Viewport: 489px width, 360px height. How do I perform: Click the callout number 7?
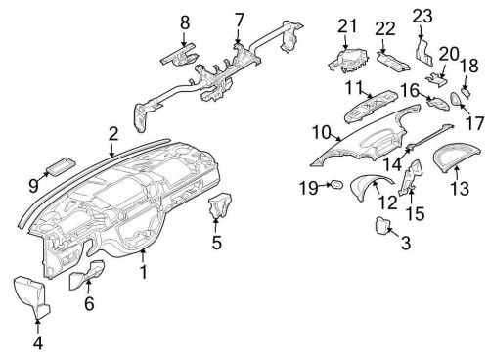point(240,20)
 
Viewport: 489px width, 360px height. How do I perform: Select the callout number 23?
point(422,16)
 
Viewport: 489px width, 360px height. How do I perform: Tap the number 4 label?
point(38,342)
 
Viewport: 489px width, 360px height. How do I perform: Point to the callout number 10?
point(322,133)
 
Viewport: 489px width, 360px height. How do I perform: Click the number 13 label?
point(460,188)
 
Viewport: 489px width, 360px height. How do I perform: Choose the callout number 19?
point(308,188)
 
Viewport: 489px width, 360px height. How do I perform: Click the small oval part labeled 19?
point(336,184)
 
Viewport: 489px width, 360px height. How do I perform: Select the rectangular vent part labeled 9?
point(61,166)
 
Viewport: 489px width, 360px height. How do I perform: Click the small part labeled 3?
point(382,225)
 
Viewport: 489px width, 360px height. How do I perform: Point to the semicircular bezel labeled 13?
point(457,157)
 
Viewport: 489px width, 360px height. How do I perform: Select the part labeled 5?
point(220,205)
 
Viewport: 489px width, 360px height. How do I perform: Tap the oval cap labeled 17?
point(456,99)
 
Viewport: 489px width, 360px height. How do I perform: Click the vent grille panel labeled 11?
point(371,107)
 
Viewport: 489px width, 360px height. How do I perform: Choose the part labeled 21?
point(348,60)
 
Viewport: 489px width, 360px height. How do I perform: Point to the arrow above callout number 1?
point(143,255)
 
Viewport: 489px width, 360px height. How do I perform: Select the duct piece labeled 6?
point(87,275)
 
